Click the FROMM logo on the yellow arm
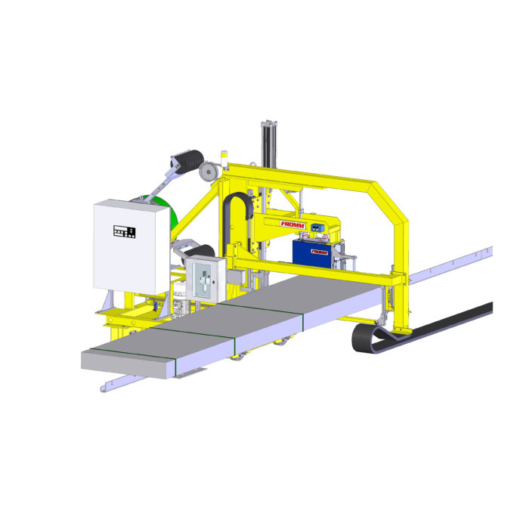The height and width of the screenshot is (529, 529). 292,224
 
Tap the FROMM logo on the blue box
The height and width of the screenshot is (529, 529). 319,252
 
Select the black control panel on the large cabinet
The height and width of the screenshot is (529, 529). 124,231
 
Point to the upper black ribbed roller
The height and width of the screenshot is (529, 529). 189,160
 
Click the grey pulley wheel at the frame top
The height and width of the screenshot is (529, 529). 208,172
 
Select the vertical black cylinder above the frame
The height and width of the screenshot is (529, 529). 268,144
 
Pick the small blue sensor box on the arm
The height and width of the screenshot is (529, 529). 317,227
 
